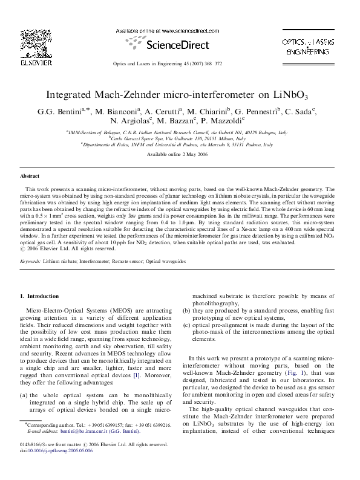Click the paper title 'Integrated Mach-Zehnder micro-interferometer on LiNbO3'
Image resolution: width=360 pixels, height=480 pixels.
(180, 96)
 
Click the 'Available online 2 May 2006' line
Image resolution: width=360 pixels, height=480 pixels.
(180, 155)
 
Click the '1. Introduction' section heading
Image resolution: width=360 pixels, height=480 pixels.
(40, 296)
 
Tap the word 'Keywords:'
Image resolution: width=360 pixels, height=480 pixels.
(30, 261)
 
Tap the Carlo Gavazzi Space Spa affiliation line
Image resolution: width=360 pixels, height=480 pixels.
(179, 138)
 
